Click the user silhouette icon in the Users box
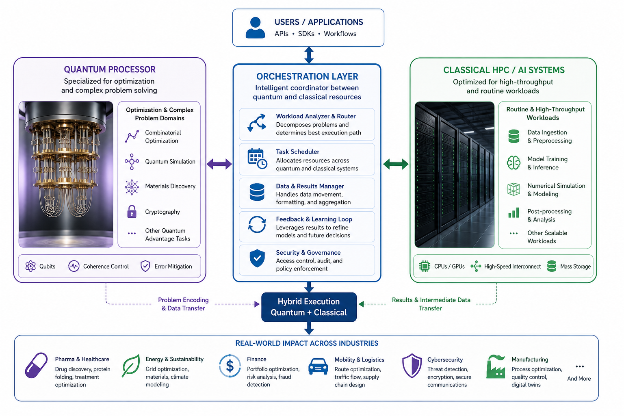click(255, 28)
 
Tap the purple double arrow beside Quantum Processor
click(219, 164)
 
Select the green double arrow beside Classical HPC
click(396, 164)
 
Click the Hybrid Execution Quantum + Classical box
click(309, 307)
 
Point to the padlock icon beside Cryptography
click(132, 212)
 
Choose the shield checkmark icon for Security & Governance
click(257, 258)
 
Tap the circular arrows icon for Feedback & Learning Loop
click(257, 224)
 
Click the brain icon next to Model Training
click(513, 163)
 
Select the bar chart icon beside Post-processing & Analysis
click(513, 212)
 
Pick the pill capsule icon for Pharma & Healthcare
click(36, 365)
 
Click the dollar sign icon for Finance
click(230, 366)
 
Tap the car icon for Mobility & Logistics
click(318, 366)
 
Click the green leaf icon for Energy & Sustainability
click(131, 366)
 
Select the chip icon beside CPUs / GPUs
click(425, 266)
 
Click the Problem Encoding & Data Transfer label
click(183, 304)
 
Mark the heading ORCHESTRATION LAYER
click(307, 76)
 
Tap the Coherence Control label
click(106, 266)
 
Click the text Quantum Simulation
click(170, 162)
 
